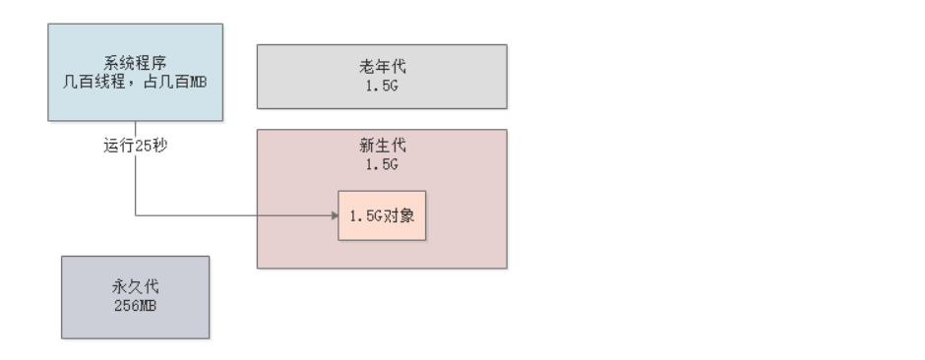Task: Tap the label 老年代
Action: (382, 68)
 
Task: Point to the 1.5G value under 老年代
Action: (382, 85)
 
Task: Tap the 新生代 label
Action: (382, 146)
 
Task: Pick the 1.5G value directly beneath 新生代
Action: (382, 163)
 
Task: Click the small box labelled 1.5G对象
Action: (382, 215)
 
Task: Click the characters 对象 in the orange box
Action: (399, 215)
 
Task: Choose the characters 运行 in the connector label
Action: (118, 147)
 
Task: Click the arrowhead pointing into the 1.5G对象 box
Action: (334, 215)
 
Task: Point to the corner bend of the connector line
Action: (135, 215)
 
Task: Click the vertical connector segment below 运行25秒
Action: (135, 187)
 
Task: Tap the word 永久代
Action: (135, 288)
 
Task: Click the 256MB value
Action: (135, 305)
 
